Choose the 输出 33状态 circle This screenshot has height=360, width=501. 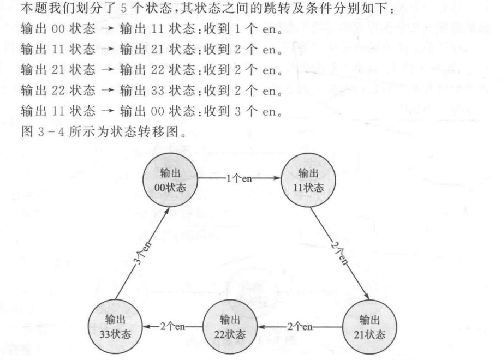115,326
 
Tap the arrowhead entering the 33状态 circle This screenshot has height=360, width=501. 145,327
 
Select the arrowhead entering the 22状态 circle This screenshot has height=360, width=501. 260,327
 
